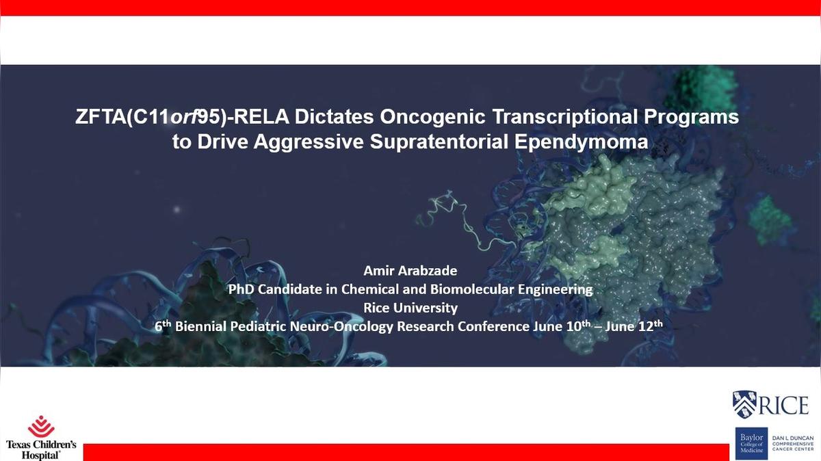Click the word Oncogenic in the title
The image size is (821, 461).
coord(432,117)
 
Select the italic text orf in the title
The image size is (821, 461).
coord(184,117)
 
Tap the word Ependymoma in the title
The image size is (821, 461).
coord(581,142)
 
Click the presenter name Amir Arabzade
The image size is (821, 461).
coord(410,271)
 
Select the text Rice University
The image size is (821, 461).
coord(410,308)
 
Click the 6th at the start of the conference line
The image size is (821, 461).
coord(163,326)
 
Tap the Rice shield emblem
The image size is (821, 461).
coord(744,404)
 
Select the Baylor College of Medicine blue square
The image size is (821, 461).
coord(751,443)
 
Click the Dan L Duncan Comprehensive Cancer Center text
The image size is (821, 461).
coord(793,443)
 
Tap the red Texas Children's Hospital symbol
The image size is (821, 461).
coord(42,427)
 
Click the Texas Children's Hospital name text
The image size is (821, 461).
coord(41,450)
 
